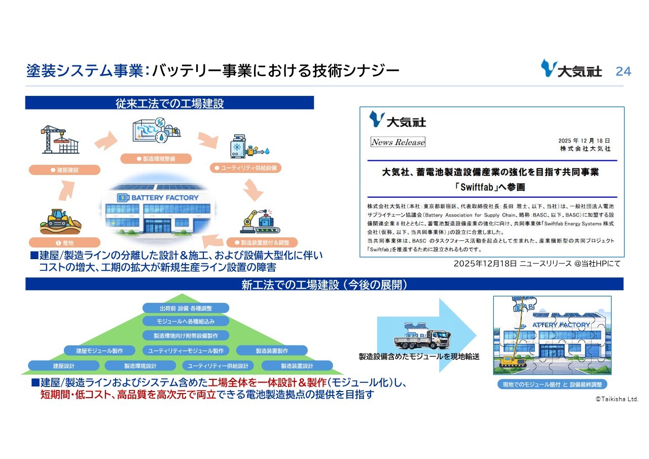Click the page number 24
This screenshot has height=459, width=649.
[x=623, y=72]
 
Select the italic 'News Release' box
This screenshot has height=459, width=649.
[x=398, y=142]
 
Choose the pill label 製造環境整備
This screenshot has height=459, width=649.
[x=156, y=159]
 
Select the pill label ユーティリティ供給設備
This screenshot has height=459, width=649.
[x=245, y=168]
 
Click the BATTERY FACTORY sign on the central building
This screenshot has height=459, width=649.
[x=158, y=197]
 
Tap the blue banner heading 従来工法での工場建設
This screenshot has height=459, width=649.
[x=169, y=103]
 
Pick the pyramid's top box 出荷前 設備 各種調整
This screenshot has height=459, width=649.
[x=186, y=308]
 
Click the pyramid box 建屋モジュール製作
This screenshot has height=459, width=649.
[x=99, y=350]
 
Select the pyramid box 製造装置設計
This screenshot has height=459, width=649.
[x=297, y=366]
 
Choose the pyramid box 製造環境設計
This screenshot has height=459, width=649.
[x=140, y=366]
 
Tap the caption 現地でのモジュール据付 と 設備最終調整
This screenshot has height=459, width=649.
[x=552, y=384]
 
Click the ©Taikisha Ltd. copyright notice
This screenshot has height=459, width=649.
[x=616, y=400]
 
